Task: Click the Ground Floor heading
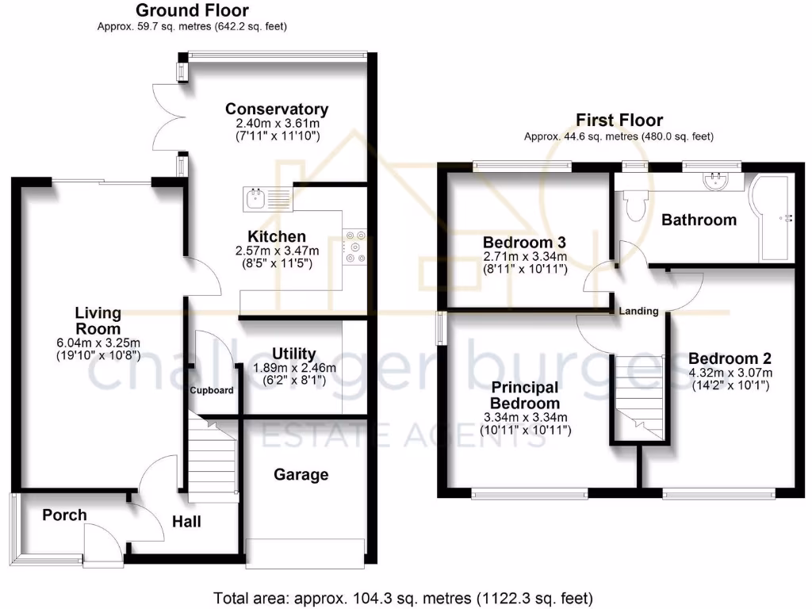click(192, 11)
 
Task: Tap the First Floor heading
click(619, 121)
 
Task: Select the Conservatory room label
click(276, 109)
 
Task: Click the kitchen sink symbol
click(256, 196)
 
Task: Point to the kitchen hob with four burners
click(353, 246)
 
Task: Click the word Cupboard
click(212, 390)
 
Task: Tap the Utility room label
click(293, 354)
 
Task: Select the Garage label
click(301, 475)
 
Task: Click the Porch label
click(64, 515)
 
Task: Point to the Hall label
click(186, 521)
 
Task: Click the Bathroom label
click(699, 220)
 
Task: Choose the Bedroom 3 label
click(525, 242)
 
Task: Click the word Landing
click(639, 312)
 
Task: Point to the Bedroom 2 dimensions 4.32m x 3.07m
click(730, 372)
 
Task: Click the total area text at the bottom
click(404, 597)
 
